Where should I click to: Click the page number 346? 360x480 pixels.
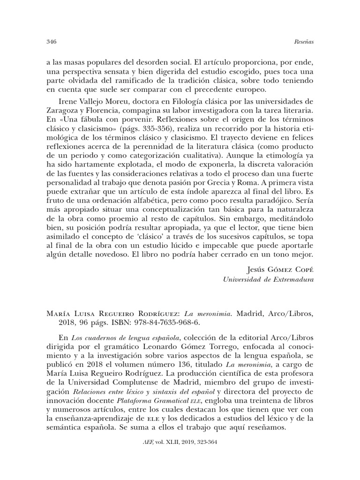pyautogui.click(x=52, y=42)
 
